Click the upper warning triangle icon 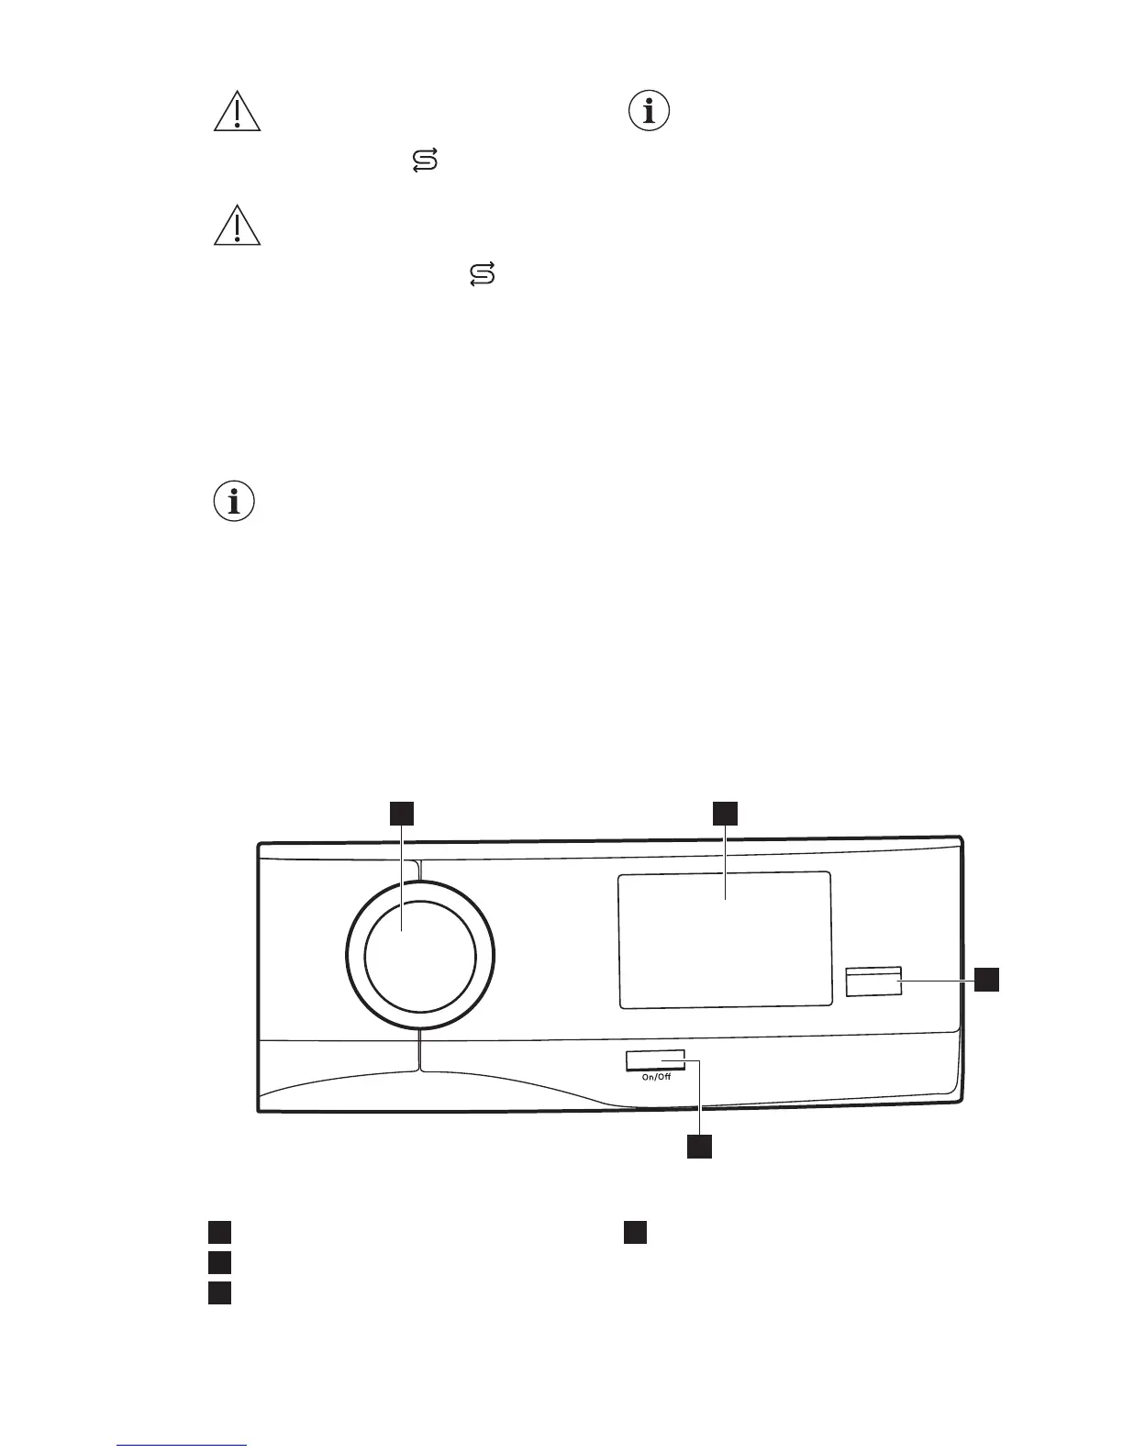click(237, 112)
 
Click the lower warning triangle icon click(237, 226)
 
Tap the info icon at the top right click(650, 112)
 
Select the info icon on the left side click(234, 502)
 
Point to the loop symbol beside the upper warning click(424, 163)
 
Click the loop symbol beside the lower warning click(483, 273)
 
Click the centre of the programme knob click(420, 955)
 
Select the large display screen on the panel click(725, 940)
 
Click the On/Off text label click(656, 1077)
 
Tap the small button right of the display click(873, 981)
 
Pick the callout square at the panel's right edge click(986, 979)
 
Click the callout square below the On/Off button click(700, 1147)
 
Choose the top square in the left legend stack click(217, 1231)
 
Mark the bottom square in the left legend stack click(217, 1292)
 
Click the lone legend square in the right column click(636, 1231)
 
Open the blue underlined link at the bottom click(183, 1445)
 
